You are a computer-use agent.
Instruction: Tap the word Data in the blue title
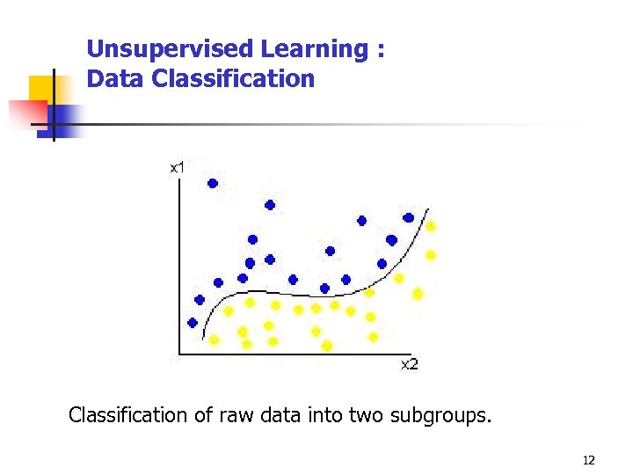click(116, 79)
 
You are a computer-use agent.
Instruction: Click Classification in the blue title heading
click(233, 79)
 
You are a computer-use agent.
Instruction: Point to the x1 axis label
click(177, 166)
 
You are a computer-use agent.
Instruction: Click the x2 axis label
click(410, 364)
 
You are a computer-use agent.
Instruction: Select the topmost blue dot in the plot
click(212, 183)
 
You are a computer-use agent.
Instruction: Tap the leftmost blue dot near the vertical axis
click(193, 322)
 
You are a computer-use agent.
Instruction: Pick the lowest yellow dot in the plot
click(327, 346)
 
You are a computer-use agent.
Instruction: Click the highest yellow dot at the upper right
click(431, 226)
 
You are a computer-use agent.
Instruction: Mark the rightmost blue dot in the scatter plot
click(408, 217)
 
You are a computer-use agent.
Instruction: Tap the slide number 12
click(588, 460)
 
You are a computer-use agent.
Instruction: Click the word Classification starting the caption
click(127, 414)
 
